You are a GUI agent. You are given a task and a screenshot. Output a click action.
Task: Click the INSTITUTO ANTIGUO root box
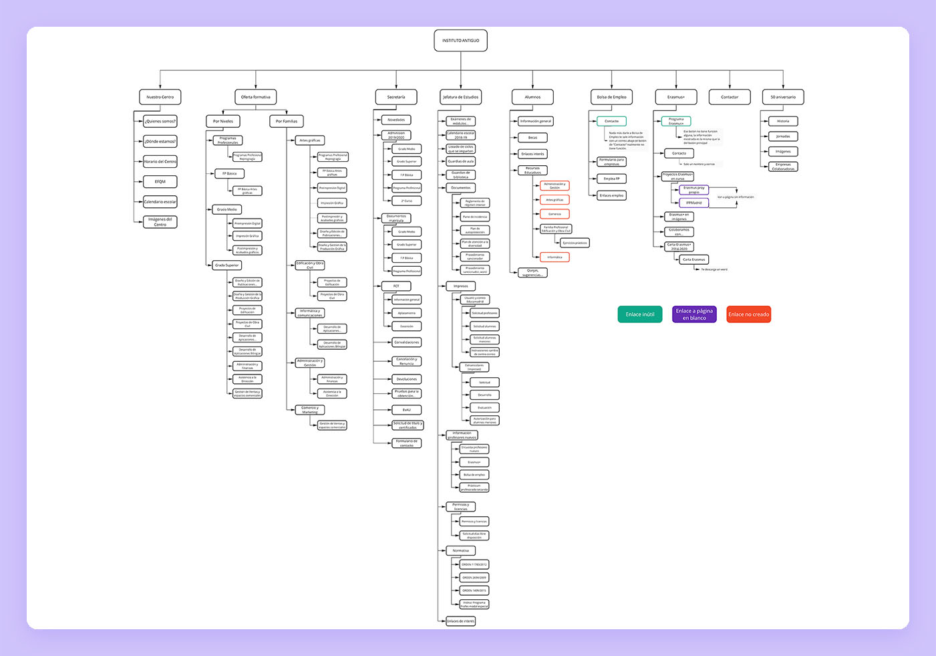[x=460, y=41]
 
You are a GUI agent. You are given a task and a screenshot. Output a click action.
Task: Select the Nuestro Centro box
[x=160, y=97]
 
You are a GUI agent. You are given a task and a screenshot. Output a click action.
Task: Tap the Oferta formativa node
[x=255, y=97]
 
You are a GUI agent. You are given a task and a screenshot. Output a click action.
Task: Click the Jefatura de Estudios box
[x=460, y=97]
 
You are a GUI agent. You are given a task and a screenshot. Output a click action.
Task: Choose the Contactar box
[x=730, y=97]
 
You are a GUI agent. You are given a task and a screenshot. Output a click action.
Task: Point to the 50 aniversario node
[x=783, y=97]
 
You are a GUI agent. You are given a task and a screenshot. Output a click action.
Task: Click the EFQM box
[x=160, y=181]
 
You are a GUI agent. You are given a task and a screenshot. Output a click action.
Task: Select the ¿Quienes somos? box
[x=160, y=121]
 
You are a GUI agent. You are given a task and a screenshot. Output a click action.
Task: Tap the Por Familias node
[x=287, y=121]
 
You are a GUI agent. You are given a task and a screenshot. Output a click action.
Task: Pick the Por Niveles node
[x=223, y=121]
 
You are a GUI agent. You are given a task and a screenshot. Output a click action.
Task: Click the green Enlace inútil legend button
[x=639, y=314]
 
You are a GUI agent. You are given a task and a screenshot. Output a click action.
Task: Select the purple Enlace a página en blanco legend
[x=694, y=314]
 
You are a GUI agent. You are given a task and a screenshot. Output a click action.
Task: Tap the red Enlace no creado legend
[x=748, y=314]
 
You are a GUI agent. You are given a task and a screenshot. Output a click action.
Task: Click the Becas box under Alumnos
[x=532, y=138]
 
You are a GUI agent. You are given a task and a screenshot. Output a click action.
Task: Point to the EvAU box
[x=406, y=409]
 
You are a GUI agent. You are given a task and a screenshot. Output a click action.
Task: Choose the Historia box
[x=783, y=121]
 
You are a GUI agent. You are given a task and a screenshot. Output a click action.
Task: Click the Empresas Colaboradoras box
[x=783, y=167]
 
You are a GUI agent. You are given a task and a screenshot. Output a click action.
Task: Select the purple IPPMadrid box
[x=694, y=203]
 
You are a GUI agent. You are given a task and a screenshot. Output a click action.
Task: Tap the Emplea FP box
[x=611, y=179]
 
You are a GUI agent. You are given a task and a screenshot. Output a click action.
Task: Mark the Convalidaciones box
[x=406, y=342]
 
